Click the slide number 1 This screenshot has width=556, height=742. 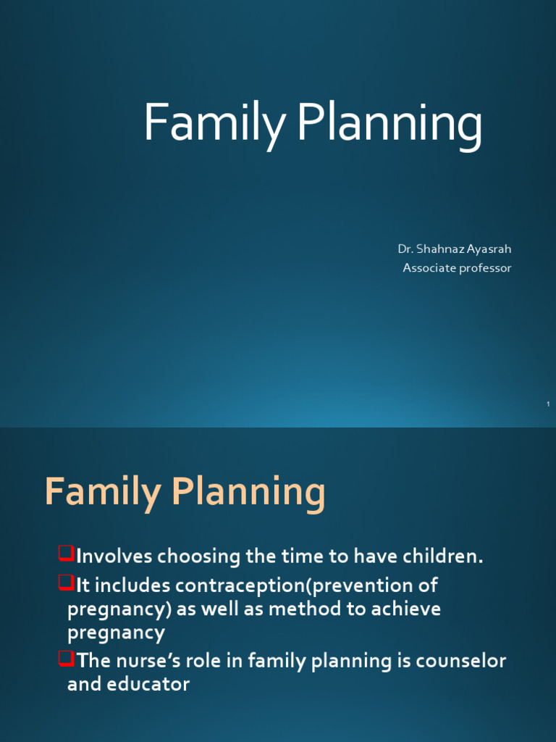(x=549, y=403)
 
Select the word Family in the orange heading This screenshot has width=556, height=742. (x=103, y=493)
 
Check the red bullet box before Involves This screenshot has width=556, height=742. (x=66, y=555)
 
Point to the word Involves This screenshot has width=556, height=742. (x=114, y=557)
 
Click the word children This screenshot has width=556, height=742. (x=445, y=557)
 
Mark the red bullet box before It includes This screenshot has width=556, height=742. (x=66, y=583)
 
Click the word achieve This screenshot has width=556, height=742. (x=405, y=609)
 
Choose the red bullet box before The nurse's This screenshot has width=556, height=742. (x=66, y=659)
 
